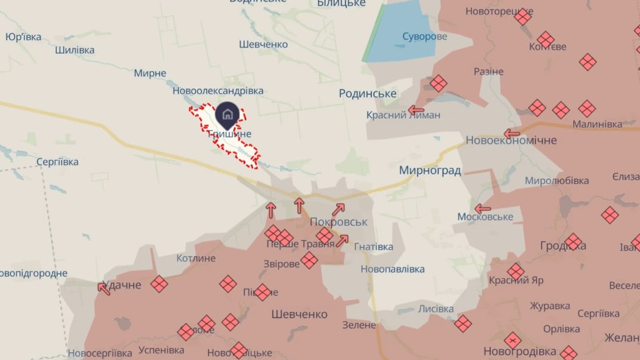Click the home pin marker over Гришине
tap(227, 113)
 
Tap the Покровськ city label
tap(339, 221)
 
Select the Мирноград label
tap(430, 171)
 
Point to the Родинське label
tap(368, 94)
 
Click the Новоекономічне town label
tap(511, 140)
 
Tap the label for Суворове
tap(424, 36)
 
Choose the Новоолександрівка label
tap(218, 91)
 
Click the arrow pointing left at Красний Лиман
tap(416, 110)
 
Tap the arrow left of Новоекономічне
tap(512, 134)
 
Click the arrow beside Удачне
tap(104, 288)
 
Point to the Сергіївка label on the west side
tap(57, 162)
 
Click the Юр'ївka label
tap(23, 37)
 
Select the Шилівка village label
tap(75, 50)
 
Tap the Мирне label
tap(150, 73)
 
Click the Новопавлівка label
tap(393, 269)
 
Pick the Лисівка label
tap(436, 309)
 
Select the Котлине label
tap(196, 258)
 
